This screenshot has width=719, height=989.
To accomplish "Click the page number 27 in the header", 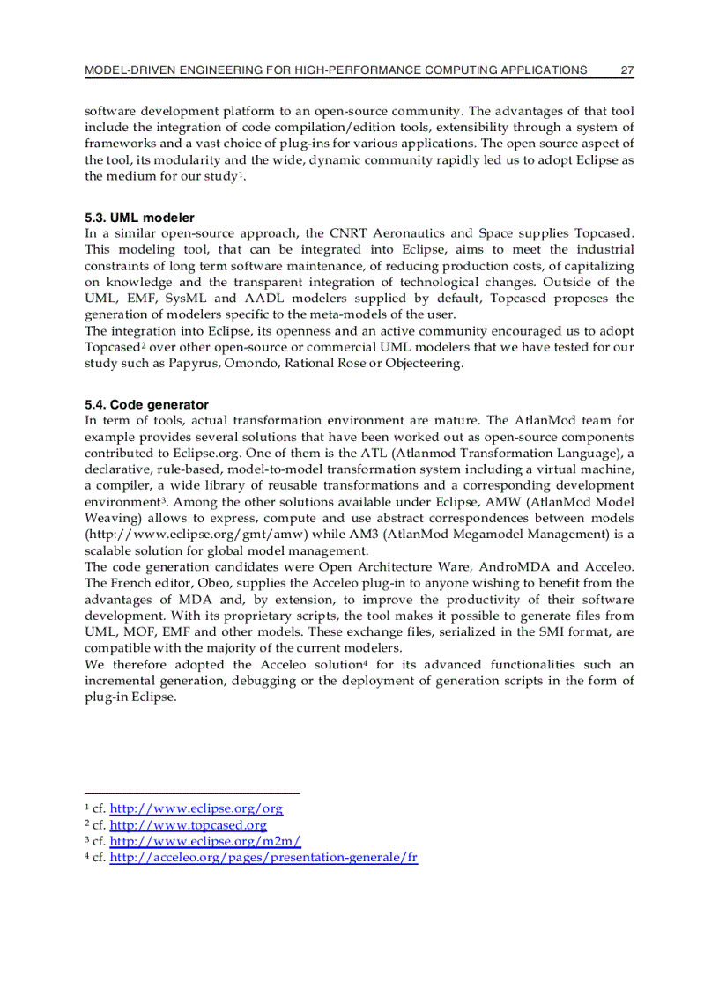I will coord(627,70).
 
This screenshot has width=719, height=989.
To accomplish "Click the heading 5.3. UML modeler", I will coord(139,217).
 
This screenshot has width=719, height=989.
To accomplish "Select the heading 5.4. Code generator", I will coord(146,404).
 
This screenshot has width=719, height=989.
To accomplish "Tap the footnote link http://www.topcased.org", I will coord(188,825).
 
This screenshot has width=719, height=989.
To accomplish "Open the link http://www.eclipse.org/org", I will coord(196,808).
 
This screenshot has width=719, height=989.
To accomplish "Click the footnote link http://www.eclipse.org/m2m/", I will coord(204,841).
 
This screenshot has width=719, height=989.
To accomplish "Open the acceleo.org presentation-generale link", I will coord(263,857).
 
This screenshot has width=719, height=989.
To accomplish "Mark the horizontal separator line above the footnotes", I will coord(192,793).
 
